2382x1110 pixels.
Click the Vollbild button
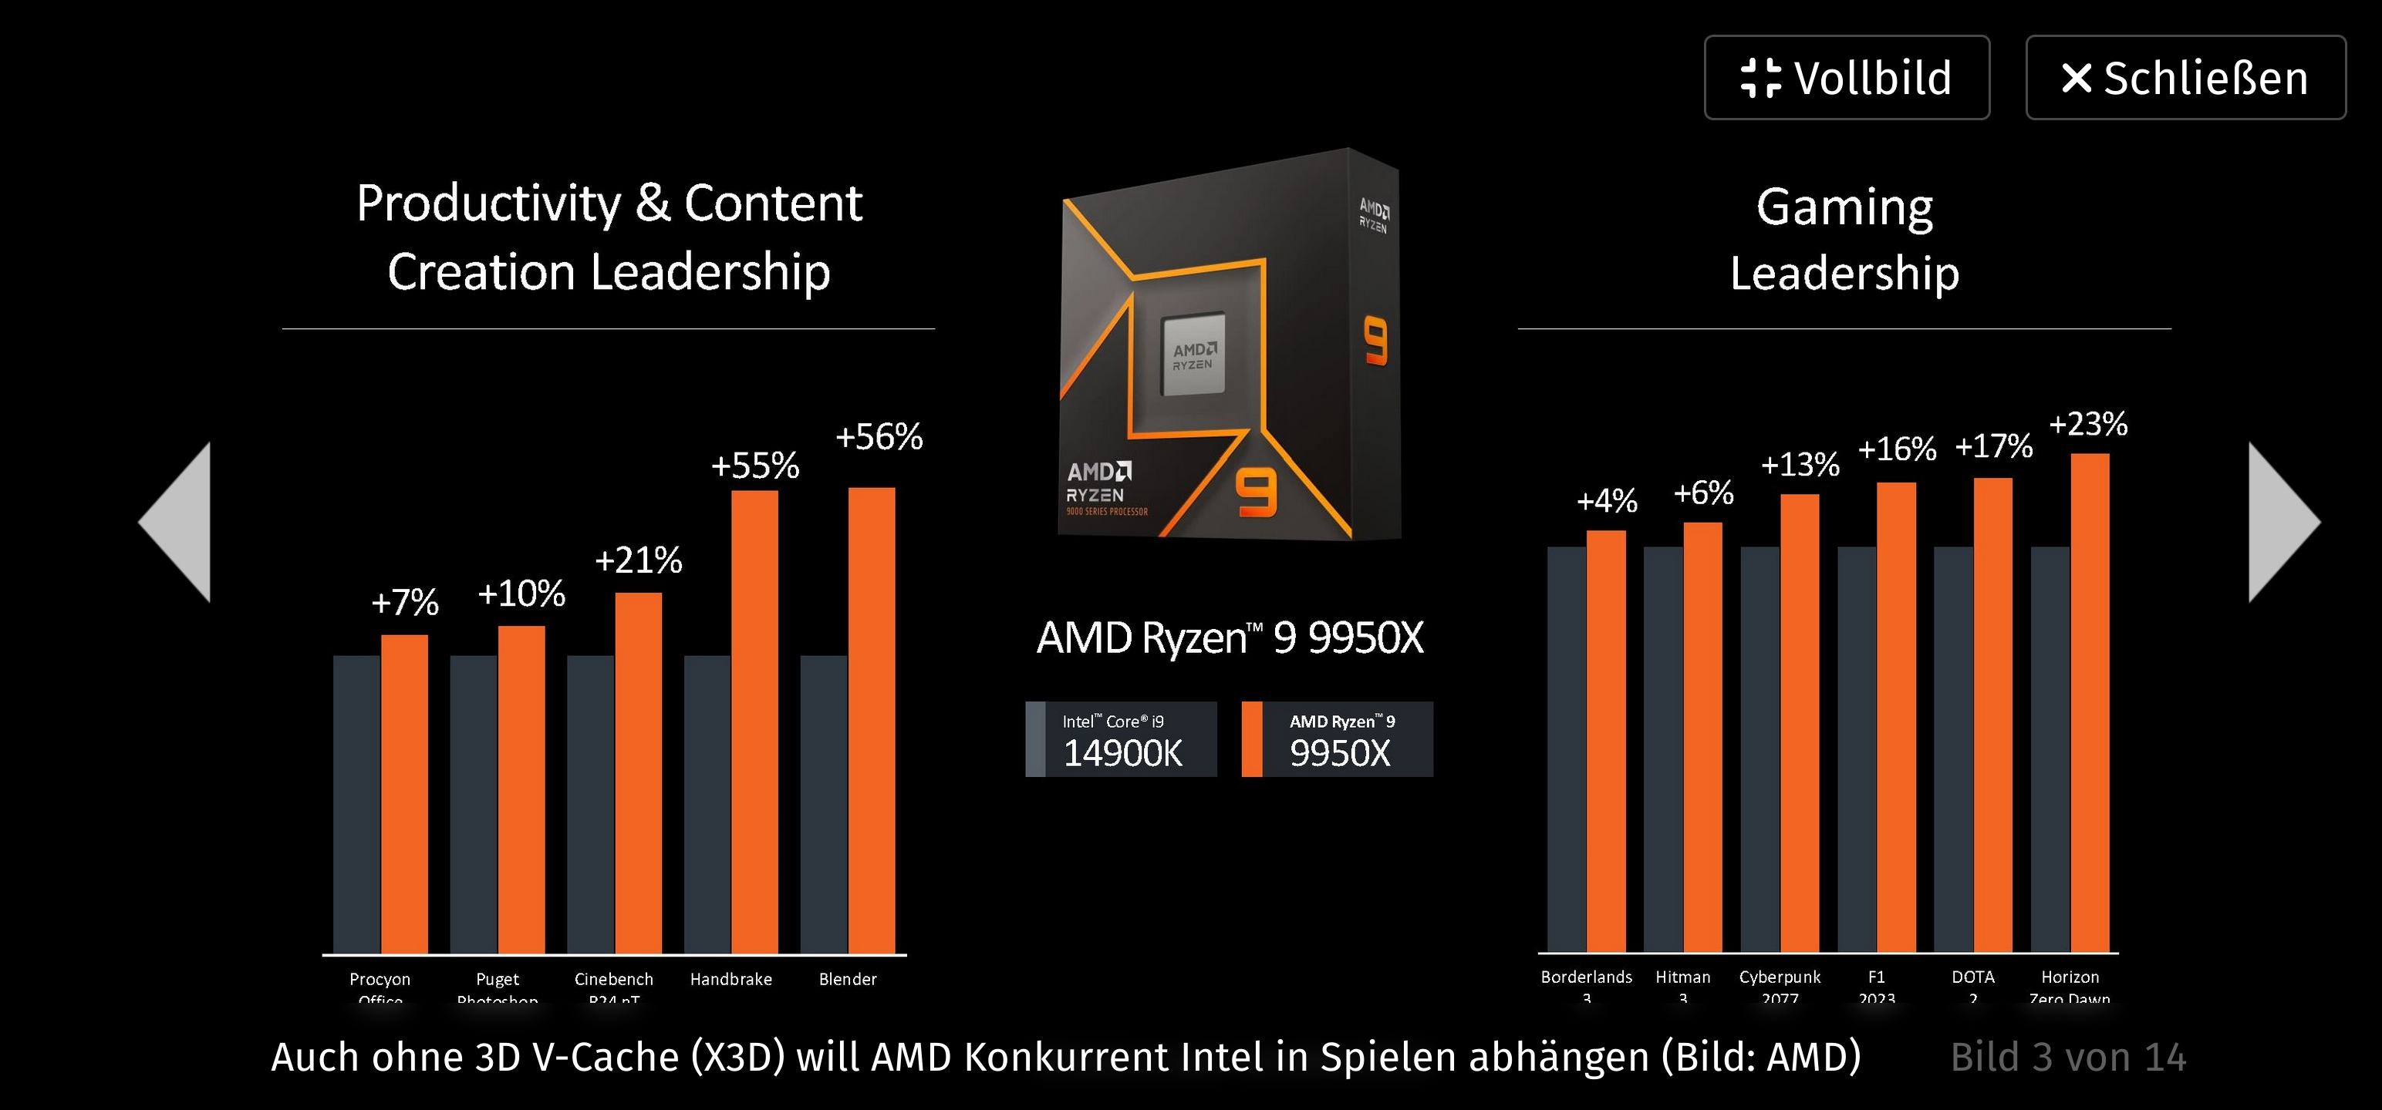click(1846, 78)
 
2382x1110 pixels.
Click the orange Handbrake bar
click(754, 721)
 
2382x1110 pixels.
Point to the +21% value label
click(638, 560)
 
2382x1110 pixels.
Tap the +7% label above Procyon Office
click(404, 603)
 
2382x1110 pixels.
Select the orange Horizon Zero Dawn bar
click(2089, 702)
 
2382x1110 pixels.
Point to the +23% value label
click(2088, 424)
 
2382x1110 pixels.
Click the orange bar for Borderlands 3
click(1606, 739)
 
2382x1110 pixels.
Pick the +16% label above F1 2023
click(1897, 449)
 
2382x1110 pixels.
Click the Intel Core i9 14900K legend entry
click(1121, 739)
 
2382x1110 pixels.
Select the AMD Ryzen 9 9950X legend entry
click(1337, 739)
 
